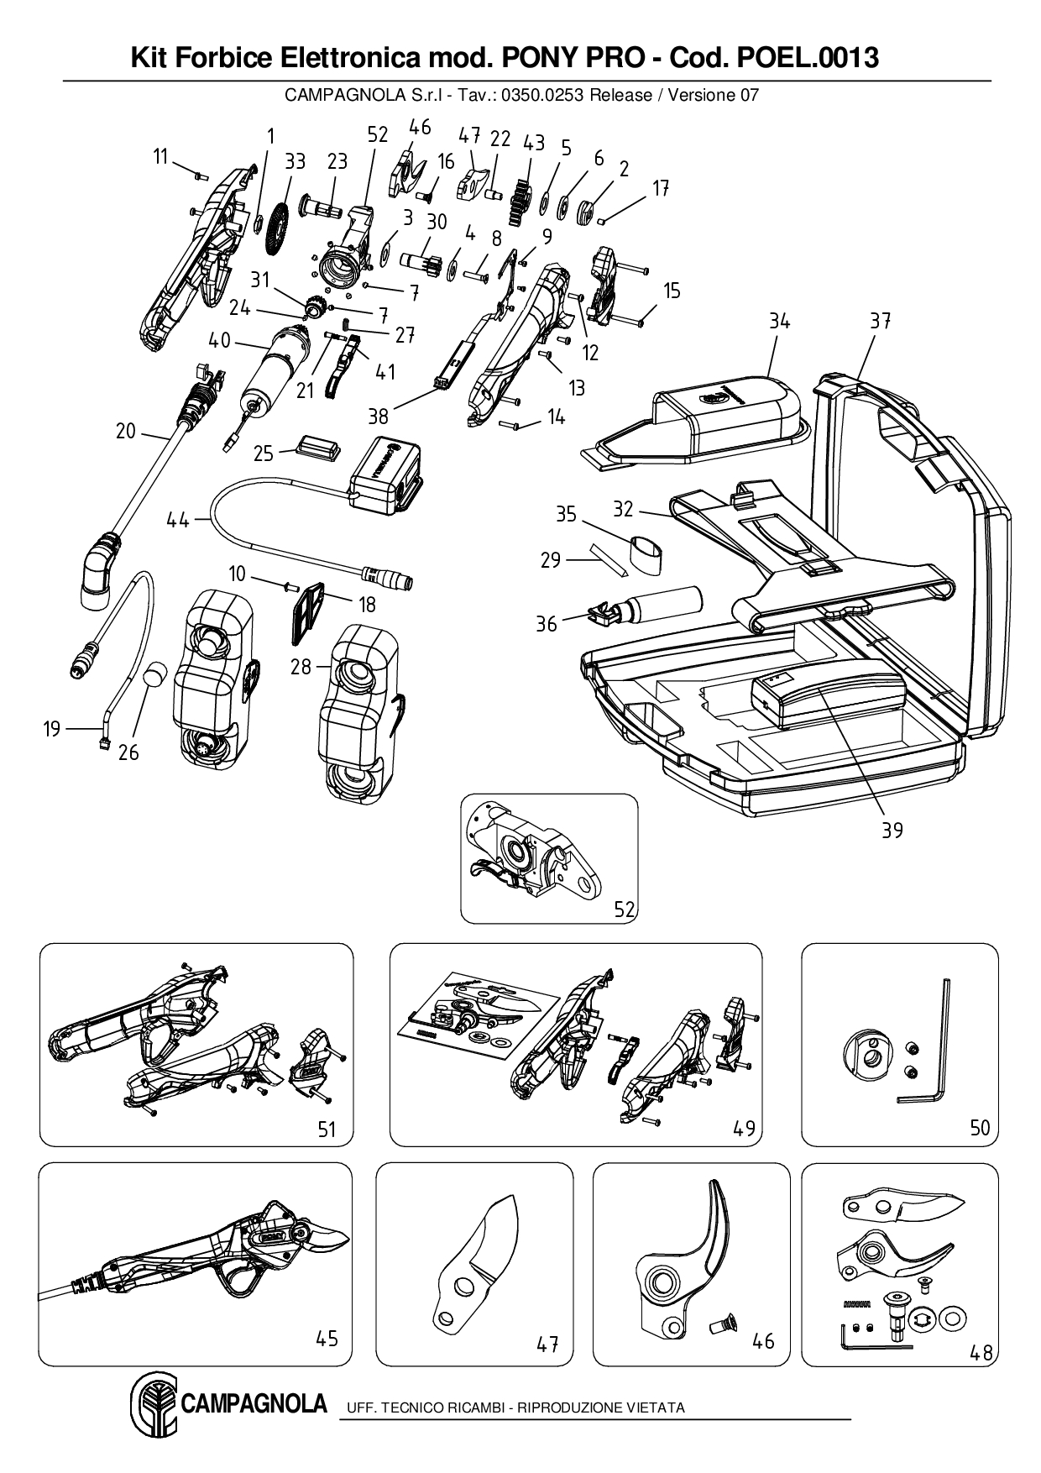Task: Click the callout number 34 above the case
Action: click(x=779, y=321)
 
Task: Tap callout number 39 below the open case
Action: click(x=892, y=830)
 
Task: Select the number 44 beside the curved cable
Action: click(x=178, y=521)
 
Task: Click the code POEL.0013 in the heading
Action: click(x=807, y=58)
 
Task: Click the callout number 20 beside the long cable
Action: click(x=125, y=432)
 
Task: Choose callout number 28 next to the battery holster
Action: click(x=301, y=667)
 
